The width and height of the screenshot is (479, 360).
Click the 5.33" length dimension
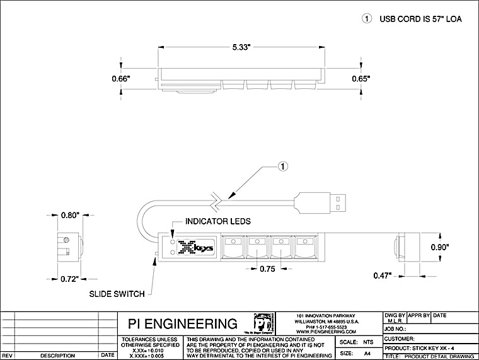[241, 47]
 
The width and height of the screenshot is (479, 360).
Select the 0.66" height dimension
[120, 79]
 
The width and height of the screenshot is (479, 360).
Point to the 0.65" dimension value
[361, 79]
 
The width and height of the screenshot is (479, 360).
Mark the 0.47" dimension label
[381, 275]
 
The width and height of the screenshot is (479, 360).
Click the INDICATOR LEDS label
[218, 222]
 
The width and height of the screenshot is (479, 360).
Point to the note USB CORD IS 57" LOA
[420, 19]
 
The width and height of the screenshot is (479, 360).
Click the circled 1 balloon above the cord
[284, 166]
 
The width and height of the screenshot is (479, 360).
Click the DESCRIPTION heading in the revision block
[57, 356]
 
